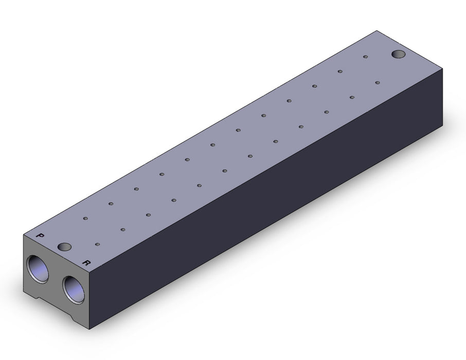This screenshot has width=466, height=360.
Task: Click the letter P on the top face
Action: [40, 236]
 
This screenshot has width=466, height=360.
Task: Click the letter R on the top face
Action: [86, 263]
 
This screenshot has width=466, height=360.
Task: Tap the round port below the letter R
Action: [74, 290]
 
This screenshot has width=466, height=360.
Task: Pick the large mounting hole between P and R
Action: [64, 246]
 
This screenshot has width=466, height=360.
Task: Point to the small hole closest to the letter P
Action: [85, 219]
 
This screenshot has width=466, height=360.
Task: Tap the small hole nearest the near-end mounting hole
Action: [98, 244]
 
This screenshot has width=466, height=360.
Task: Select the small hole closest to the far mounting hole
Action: [366, 57]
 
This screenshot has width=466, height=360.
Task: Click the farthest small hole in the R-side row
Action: [378, 82]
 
